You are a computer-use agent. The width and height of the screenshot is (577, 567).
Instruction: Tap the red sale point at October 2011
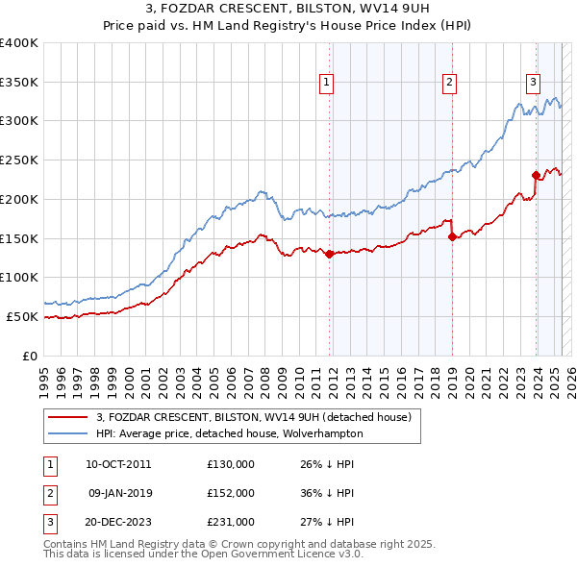330,255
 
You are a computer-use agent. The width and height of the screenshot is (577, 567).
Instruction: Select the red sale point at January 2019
452,237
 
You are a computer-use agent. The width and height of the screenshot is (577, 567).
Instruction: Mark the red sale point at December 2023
536,175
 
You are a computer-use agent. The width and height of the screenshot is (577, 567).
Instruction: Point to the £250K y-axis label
19,160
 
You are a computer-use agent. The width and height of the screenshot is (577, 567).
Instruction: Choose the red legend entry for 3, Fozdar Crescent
253,417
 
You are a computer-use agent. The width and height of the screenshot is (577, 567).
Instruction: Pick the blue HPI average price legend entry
229,433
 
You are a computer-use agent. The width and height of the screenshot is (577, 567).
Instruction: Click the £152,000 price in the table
231,493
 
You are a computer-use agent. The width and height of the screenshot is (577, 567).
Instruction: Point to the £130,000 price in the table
231,464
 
